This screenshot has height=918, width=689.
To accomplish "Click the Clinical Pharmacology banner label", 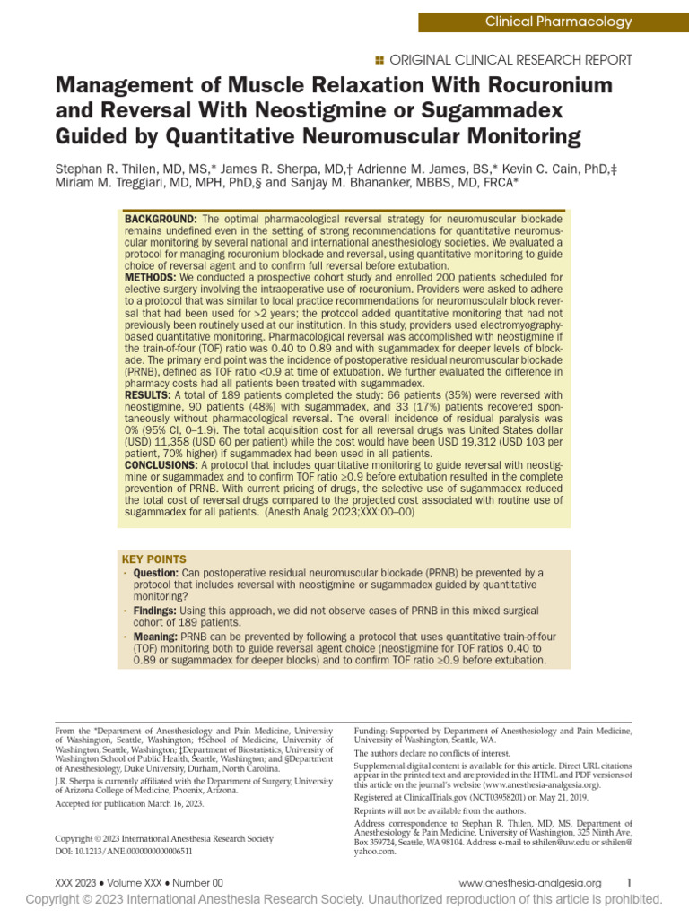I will point(558,22).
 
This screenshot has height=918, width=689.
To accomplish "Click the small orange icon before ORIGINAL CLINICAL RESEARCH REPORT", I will point(379,60).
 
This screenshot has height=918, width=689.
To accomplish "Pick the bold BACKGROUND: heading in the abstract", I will point(161,220).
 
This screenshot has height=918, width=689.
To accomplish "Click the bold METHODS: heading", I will point(153,278).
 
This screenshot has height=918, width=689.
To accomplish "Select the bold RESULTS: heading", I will point(150,394).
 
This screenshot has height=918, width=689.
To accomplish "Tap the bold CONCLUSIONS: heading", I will point(161,465).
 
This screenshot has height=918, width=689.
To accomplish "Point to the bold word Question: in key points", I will point(156,573).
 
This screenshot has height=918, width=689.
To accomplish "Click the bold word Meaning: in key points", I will point(155,636).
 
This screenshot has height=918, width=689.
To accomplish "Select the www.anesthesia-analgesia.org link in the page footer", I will point(529,882).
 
